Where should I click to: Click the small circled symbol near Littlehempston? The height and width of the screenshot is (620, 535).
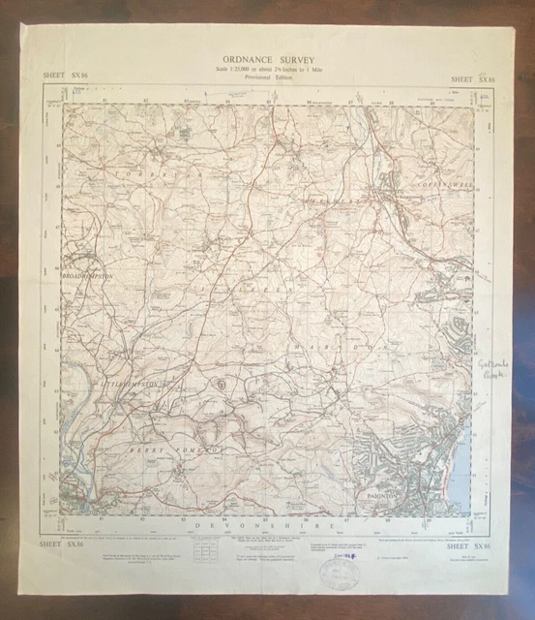point(223,384)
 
